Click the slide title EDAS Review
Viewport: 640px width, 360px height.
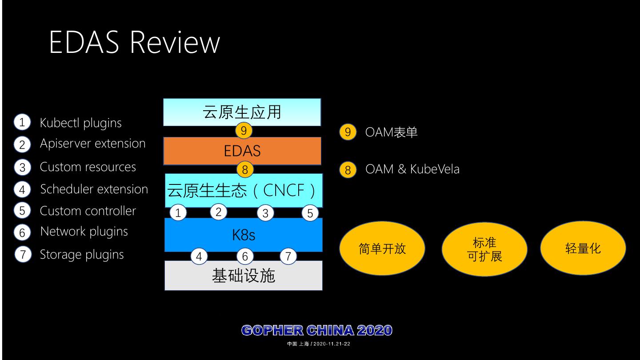(134, 42)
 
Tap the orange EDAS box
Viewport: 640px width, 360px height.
(242, 151)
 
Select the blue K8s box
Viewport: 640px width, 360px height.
(243, 235)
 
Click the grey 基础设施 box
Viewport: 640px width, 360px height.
(243, 276)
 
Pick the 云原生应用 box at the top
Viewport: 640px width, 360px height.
(242, 112)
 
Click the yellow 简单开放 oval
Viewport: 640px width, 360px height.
(382, 248)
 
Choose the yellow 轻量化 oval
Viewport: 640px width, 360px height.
(583, 248)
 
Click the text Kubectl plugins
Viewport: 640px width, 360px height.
(80, 123)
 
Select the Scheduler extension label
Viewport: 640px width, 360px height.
(94, 189)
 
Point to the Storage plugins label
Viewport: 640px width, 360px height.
(82, 254)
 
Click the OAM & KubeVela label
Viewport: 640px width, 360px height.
(412, 169)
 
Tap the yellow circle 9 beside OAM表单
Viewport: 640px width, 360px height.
(348, 132)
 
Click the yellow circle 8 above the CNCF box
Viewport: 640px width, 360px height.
(244, 169)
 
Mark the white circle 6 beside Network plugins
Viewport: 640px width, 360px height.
(22, 232)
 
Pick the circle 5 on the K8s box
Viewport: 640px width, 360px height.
(310, 213)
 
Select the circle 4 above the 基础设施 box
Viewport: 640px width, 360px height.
(199, 256)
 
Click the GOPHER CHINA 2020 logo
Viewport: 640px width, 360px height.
(317, 330)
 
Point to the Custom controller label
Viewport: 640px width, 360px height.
(88, 211)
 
